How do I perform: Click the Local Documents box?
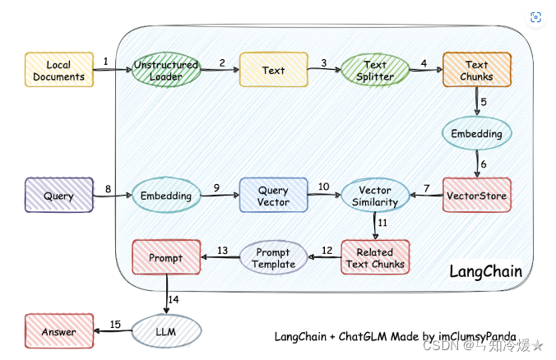59,70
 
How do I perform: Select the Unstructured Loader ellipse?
166,70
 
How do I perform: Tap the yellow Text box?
274,70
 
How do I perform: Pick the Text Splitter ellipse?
375,70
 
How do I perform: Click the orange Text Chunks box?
477,70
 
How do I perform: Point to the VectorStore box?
477,196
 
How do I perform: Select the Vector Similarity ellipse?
375,196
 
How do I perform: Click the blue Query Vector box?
273,196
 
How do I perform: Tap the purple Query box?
59,196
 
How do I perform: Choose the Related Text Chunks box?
375,257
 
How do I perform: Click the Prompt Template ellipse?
273,257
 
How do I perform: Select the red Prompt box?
166,257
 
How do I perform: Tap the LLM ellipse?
166,331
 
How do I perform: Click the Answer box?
59,331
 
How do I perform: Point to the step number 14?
174,300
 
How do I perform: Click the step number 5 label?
484,102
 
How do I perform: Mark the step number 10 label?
324,187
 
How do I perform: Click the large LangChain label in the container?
486,271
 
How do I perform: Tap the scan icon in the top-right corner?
535,17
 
